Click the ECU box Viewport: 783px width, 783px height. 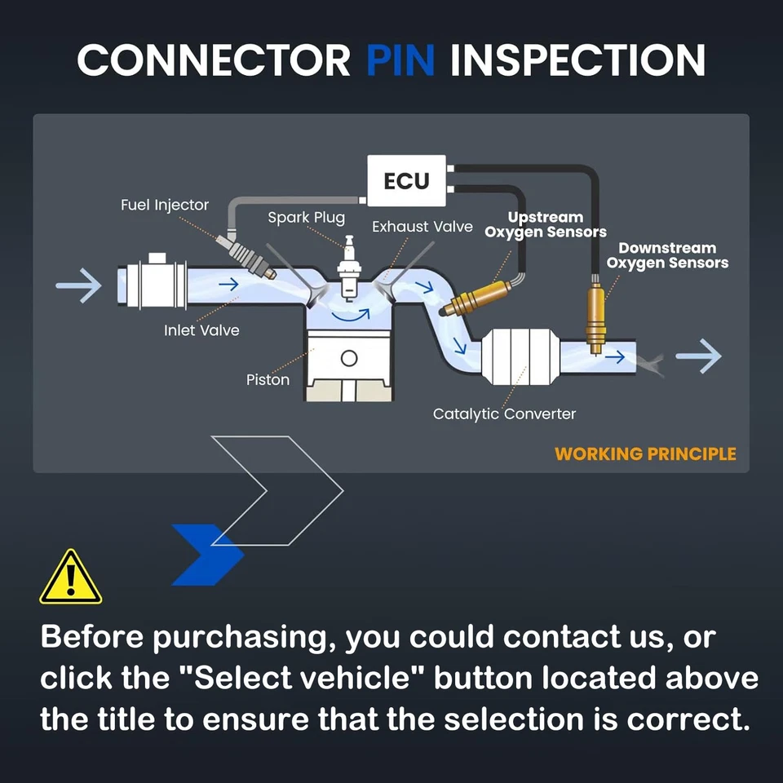pyautogui.click(x=406, y=181)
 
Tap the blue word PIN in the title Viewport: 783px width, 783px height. pyautogui.click(x=400, y=60)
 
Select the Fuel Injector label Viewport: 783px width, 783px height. pyautogui.click(x=164, y=206)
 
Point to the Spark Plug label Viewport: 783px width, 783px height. pyautogui.click(x=306, y=218)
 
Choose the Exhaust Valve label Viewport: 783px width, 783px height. pyautogui.click(x=422, y=227)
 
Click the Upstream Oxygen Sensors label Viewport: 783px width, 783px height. pyautogui.click(x=546, y=225)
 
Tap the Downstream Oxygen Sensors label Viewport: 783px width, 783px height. pyautogui.click(x=668, y=255)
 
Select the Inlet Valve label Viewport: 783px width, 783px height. pyautogui.click(x=201, y=330)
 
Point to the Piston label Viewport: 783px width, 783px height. pyautogui.click(x=268, y=380)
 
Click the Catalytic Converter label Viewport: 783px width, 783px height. pyautogui.click(x=504, y=414)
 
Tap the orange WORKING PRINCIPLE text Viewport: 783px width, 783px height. pyautogui.click(x=645, y=454)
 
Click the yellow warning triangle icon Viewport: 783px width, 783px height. pyautogui.click(x=71, y=577)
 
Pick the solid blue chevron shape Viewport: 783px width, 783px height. pyautogui.click(x=208, y=555)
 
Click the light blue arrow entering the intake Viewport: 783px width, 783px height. pyautogui.click(x=79, y=285)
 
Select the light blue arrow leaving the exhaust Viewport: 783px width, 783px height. pyautogui.click(x=699, y=356)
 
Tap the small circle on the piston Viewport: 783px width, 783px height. pyautogui.click(x=349, y=358)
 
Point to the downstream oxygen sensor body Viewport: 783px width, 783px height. pyautogui.click(x=595, y=315)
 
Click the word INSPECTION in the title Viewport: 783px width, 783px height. pyautogui.click(x=577, y=60)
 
